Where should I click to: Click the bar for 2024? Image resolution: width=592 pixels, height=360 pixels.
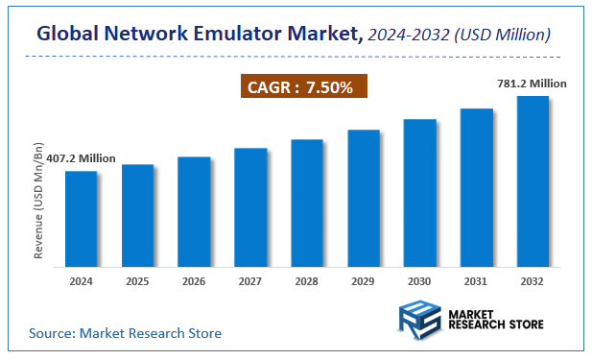[x=81, y=218]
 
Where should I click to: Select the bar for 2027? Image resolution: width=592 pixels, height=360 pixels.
[x=249, y=206]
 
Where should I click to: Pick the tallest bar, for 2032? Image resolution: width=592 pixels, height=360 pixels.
[x=533, y=180]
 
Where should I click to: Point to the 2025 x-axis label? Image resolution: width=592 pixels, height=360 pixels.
[x=137, y=281]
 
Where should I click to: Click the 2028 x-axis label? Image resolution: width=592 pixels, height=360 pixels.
[x=306, y=281]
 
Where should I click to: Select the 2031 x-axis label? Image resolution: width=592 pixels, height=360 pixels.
[x=476, y=281]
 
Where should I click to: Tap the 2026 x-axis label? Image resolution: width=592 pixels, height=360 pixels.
[x=194, y=281]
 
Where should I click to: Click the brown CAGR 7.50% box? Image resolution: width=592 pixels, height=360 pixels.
[x=303, y=87]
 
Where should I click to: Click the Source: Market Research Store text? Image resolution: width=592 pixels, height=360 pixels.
[x=125, y=333]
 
